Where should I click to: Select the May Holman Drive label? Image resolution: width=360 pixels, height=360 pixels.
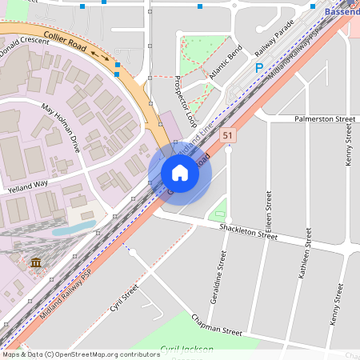coord(61,128)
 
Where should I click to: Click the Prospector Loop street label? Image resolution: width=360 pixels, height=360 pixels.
coord(186,102)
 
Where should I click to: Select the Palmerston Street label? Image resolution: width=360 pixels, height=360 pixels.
coord(324,118)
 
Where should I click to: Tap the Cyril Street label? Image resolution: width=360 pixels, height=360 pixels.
coord(126,298)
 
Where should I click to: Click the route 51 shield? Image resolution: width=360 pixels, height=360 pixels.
coord(228,136)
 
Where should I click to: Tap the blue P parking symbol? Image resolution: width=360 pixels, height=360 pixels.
coord(258,69)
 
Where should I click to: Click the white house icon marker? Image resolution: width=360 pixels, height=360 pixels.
coord(180,173)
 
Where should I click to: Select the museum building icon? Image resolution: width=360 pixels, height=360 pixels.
coord(36,262)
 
